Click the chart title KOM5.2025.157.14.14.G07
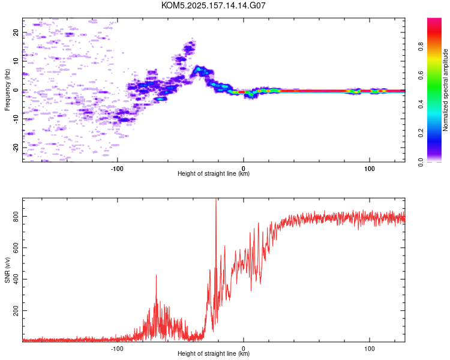pyautogui.click(x=213, y=5)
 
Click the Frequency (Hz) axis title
pyautogui.click(x=7, y=90)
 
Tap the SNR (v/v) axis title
pyautogui.click(x=7, y=270)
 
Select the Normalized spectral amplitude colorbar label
pyautogui.click(x=445, y=90)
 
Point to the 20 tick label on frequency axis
pyautogui.click(x=16, y=33)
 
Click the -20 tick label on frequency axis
pyautogui.click(x=16, y=148)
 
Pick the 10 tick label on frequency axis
pyautogui.click(x=16, y=61)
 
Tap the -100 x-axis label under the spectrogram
pyautogui.click(x=117, y=169)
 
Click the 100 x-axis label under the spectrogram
pyautogui.click(x=370, y=169)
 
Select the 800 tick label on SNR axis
pyautogui.click(x=16, y=216)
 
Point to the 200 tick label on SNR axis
pyautogui.click(x=16, y=311)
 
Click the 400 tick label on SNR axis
pyautogui.click(x=16, y=279)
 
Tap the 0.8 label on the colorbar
pyautogui.click(x=421, y=47)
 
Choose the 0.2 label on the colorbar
pyautogui.click(x=421, y=133)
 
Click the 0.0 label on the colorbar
pyautogui.click(x=421, y=162)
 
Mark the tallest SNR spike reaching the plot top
pyautogui.click(x=216, y=199)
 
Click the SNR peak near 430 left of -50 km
pyautogui.click(x=157, y=275)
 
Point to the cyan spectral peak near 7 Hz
pyautogui.click(x=198, y=69)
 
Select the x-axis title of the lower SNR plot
pyautogui.click(x=214, y=353)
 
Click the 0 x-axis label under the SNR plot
pyautogui.click(x=244, y=349)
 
